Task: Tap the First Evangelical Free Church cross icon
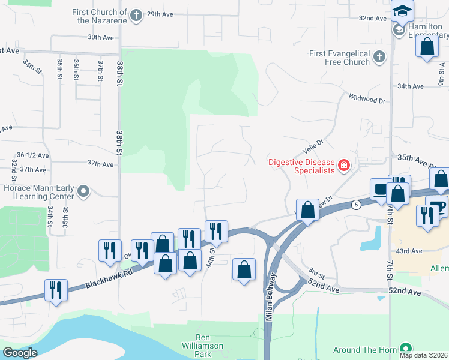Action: pyautogui.click(x=379, y=57)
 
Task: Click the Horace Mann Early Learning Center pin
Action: pyautogui.click(x=84, y=192)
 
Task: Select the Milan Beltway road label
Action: pyautogui.click(x=270, y=300)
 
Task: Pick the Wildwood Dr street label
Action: pyautogui.click(x=366, y=99)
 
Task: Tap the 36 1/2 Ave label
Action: pyautogui.click(x=32, y=155)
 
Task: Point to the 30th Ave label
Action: pyautogui.click(x=100, y=37)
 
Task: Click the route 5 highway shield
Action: pyautogui.click(x=357, y=205)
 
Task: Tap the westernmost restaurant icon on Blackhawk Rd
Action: pyautogui.click(x=56, y=290)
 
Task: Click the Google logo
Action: pyautogui.click(x=20, y=352)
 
